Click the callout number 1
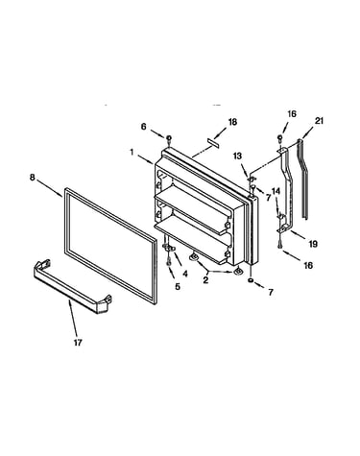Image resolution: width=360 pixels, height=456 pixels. pos(132,152)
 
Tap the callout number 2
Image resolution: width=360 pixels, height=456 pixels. pos(205,280)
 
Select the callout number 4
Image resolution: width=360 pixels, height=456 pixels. pos(184,274)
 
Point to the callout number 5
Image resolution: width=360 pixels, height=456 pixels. pos(178,286)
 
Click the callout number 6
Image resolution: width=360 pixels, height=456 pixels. pos(143,127)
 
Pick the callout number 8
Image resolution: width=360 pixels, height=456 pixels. pos(32,177)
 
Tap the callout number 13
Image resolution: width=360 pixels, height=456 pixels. pos(237,156)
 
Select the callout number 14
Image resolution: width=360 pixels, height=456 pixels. pos(276,191)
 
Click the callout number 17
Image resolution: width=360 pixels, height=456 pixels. pos(78,343)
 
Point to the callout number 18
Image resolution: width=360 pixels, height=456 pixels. pos(232,122)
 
